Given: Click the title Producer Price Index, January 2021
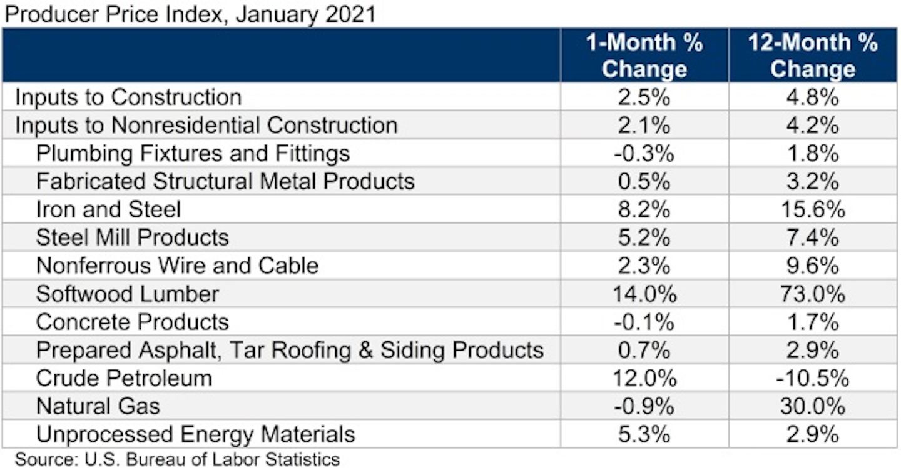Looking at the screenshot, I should (190, 13).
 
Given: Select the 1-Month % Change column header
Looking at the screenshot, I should (644, 55).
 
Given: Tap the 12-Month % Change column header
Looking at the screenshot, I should (813, 55).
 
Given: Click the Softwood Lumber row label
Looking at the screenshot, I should (128, 294).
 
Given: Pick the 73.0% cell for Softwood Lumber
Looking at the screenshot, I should (813, 294).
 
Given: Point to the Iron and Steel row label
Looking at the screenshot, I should (108, 209).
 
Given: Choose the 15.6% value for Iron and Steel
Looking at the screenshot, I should (813, 209).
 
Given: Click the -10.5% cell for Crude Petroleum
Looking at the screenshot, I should (813, 378).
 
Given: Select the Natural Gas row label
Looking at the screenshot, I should (98, 406).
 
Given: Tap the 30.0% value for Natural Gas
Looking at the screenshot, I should (813, 406).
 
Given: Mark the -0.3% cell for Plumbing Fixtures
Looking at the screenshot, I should (644, 153).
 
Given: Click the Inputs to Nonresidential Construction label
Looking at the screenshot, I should (206, 125).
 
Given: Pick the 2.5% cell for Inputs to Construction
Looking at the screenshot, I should (644, 97).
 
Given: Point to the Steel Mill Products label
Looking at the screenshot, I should (133, 237).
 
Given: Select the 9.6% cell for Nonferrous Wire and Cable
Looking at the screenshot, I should (813, 266).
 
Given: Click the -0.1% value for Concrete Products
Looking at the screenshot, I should (644, 322).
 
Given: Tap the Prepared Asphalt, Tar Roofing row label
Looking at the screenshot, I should (290, 350).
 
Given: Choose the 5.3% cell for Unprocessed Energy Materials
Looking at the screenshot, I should (644, 434).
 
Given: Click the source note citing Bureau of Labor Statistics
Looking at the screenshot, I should (177, 459).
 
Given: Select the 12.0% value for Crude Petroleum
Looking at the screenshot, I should (644, 378).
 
